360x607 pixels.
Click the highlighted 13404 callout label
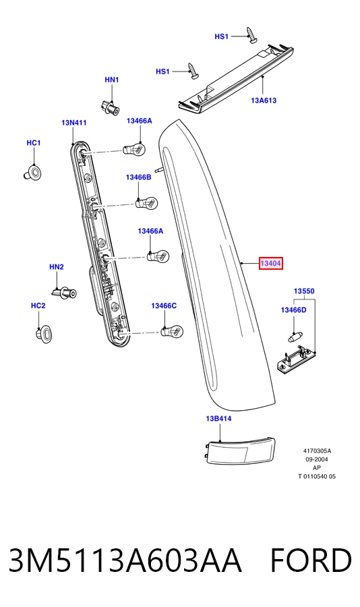coord(270,264)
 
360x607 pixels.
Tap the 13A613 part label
coord(264,100)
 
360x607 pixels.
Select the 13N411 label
coord(74,123)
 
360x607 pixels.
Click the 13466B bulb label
coord(139,177)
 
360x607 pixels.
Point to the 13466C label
coord(164,306)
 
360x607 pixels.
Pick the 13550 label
coord(304,291)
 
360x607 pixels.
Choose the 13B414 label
coord(218,418)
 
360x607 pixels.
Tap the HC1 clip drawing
coord(33,173)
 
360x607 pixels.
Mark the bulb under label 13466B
coord(147,202)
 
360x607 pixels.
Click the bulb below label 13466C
coord(172,331)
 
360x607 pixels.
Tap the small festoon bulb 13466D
coord(295,336)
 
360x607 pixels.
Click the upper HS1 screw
coord(251,35)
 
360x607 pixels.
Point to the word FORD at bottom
coord(311,560)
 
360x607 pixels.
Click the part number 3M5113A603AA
coord(125,560)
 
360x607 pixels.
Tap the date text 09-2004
coord(317,459)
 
